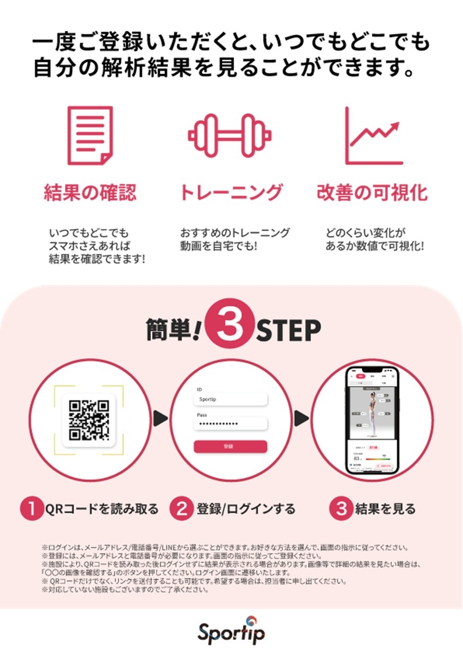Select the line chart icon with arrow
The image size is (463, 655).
click(374, 135)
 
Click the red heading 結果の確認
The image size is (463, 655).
click(90, 192)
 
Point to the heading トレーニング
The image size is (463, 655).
click(231, 192)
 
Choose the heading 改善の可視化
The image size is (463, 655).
click(372, 192)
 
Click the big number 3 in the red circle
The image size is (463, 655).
click(232, 328)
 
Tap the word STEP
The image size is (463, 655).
click(289, 330)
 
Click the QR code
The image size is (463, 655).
click(89, 419)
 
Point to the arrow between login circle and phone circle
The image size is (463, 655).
click(301, 418)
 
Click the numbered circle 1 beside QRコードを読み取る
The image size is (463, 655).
click(31, 509)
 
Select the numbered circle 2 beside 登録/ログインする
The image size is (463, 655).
click(181, 509)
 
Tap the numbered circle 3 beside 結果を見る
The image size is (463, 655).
click(340, 509)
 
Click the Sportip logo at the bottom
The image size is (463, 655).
click(231, 631)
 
